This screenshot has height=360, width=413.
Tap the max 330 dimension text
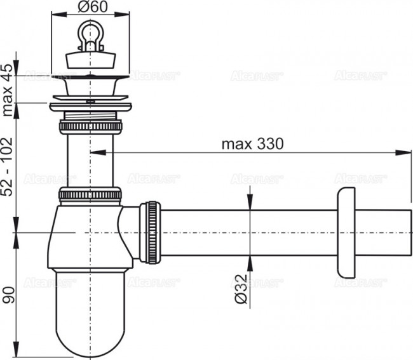pos(252,143)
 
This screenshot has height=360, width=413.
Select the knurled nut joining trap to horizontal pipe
pos(152,232)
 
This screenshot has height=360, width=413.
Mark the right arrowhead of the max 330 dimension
pos(407,152)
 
